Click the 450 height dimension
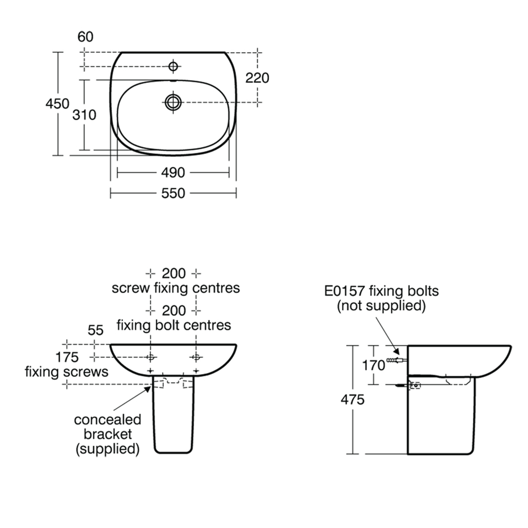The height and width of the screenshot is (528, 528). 57,104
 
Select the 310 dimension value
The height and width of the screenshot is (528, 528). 84,115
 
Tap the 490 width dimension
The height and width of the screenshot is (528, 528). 173,172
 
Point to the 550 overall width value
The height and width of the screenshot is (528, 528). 173,193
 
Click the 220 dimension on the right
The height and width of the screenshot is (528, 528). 257,78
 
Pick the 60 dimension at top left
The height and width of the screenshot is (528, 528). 85,37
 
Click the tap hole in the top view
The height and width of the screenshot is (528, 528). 173,66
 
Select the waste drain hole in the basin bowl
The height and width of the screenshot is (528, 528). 173,102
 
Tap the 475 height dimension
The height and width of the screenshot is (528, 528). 352,400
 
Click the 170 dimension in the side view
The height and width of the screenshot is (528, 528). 373,365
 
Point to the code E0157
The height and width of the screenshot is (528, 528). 344,291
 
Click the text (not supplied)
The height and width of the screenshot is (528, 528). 381,306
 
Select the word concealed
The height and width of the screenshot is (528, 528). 107,420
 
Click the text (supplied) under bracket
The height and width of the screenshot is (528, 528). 107,449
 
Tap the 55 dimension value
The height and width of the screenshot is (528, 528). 95,330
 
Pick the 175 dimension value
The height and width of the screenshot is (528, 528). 67,357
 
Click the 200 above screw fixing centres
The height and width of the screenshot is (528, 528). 174,274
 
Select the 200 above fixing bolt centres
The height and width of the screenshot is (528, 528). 174,310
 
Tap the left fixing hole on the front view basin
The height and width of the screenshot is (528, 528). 151,358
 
